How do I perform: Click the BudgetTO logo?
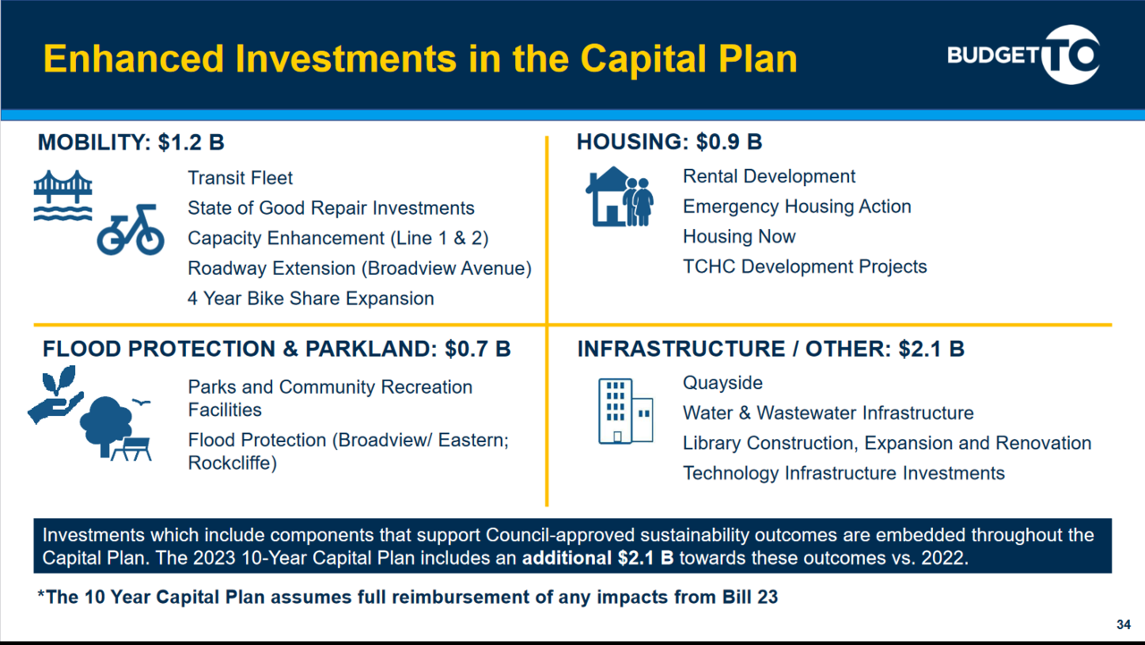pos(1024,55)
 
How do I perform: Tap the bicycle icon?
pos(131,230)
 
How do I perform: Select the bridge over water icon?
pos(63,195)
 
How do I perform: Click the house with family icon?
pos(620,197)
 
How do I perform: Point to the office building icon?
pos(625,411)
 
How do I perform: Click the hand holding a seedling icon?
pos(55,395)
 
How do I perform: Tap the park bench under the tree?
pos(131,449)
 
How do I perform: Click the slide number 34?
pos(1124,624)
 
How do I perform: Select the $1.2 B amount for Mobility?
pos(191,142)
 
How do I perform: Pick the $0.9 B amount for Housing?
pos(729,141)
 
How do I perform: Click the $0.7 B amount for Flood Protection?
pos(478,349)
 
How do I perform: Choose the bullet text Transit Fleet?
pos(240,178)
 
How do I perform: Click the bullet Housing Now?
pos(739,237)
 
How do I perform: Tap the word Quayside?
pos(723,383)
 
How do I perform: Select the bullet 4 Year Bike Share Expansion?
pos(310,299)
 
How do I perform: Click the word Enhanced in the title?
pos(133,58)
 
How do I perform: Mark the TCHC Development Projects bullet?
pos(804,267)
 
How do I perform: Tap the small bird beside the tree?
pos(141,403)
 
